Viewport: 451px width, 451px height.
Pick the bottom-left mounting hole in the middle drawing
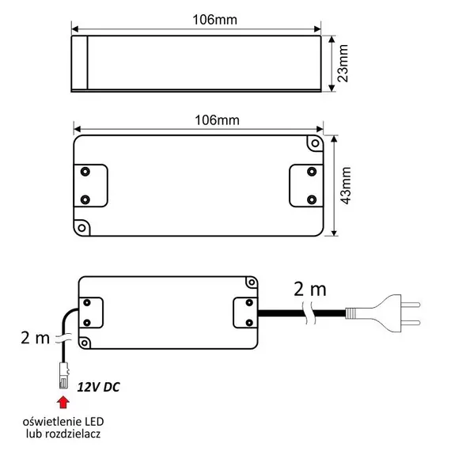coord(81,225)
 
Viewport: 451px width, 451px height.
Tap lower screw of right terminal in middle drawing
coord(310,197)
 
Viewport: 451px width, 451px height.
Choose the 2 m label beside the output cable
coord(35,338)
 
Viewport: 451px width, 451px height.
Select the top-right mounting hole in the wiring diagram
coord(252,283)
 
